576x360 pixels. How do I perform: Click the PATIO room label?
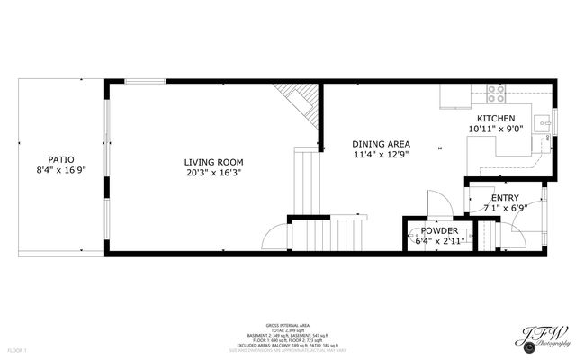point(60,158)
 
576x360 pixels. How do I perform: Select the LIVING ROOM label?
point(213,162)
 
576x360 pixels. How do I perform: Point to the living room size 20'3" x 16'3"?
point(213,172)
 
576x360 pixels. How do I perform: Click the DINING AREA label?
point(381,144)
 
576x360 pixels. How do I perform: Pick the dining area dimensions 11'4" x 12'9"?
point(381,154)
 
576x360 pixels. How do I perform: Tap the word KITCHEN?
point(496,119)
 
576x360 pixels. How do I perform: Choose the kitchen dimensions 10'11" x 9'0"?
point(496,129)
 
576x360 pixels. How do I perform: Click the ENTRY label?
point(505,198)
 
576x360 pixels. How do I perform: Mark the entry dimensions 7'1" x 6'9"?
point(505,208)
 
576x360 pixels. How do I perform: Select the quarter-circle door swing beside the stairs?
point(274,238)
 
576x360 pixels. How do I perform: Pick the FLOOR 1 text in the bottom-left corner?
point(17,349)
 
